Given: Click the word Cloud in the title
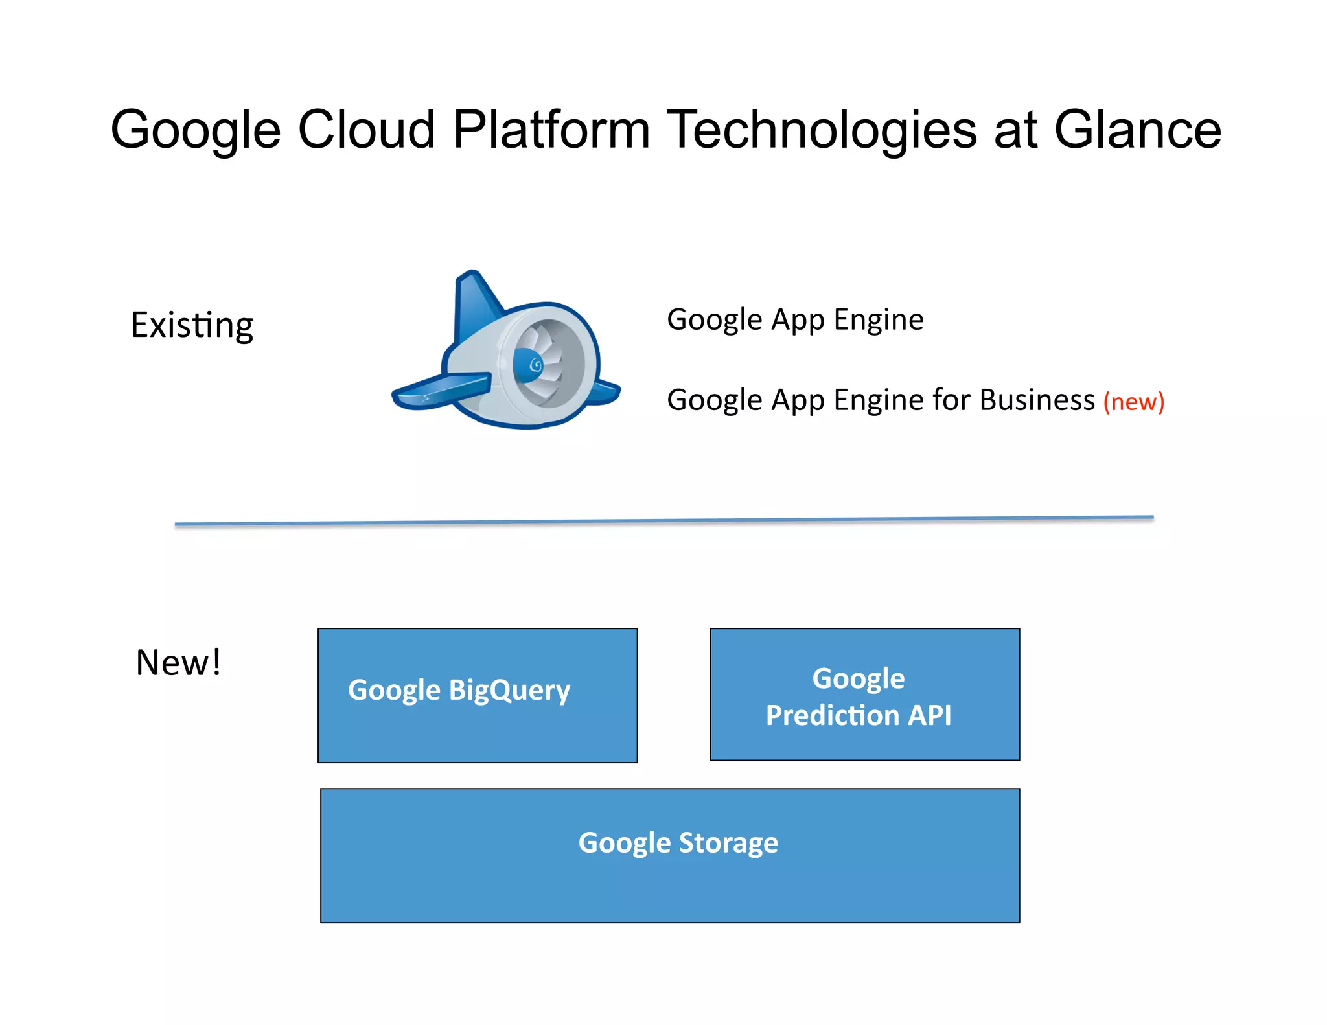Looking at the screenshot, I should [x=366, y=130].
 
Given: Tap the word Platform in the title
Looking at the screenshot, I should [x=551, y=130].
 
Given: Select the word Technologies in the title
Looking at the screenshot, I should [x=822, y=130].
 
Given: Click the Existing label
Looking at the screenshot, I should [x=192, y=325].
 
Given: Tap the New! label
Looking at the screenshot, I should [x=178, y=663].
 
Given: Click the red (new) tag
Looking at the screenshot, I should [x=1134, y=402].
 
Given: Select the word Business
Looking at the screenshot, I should [x=1037, y=400].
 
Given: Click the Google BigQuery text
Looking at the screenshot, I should [x=459, y=690].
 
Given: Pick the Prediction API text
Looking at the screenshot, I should [x=859, y=716].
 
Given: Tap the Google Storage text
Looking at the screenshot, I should [x=678, y=843].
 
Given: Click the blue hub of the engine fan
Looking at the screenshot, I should [x=528, y=365].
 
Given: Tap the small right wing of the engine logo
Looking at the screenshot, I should [x=606, y=392].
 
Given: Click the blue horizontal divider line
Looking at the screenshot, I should [x=663, y=521].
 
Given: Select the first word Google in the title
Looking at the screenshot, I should [x=196, y=130].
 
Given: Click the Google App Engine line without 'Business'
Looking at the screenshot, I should [x=795, y=320].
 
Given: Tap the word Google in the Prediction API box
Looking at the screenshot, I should [x=859, y=678].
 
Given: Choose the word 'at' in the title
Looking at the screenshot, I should [x=1015, y=130].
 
